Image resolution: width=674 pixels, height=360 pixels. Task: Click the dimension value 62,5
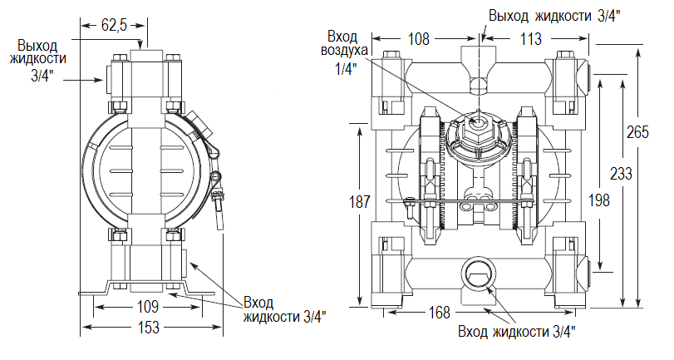pos(113,25)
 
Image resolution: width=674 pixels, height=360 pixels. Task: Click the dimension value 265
pos(637,132)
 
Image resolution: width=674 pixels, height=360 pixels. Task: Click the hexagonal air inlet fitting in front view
pos(479,123)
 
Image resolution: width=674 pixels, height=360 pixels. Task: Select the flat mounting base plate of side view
pos(150,292)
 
